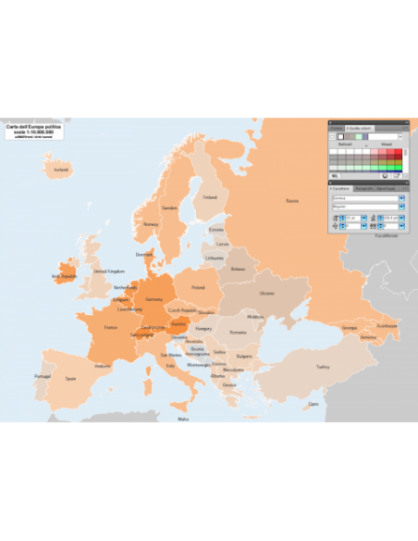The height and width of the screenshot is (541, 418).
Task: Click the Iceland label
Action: pos(61,170)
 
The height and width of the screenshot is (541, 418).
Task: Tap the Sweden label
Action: pos(169,208)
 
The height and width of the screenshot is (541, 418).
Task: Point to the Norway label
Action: pos(150,224)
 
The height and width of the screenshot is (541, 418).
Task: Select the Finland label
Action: pos(210,196)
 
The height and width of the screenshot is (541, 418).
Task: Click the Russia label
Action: pos(292,200)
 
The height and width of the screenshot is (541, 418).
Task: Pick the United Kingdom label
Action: pos(109,271)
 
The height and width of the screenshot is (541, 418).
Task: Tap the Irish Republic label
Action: pos(64,276)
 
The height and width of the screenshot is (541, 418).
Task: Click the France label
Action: pos(111,327)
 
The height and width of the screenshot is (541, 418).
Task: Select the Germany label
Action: pos(154,299)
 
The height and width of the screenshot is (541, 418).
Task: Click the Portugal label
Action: pos(43,376)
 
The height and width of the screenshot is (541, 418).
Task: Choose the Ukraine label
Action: pos(266,293)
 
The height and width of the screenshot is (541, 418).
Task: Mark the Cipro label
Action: pos(313,404)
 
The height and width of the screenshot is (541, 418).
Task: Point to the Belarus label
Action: pos(239,269)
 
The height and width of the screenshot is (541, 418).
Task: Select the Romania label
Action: pos(239,332)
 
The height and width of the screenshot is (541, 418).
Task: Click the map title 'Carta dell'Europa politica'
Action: pos(30,126)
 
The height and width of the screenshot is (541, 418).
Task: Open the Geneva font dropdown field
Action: pos(364,197)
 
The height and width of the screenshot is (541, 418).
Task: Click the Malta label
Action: pos(183,419)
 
